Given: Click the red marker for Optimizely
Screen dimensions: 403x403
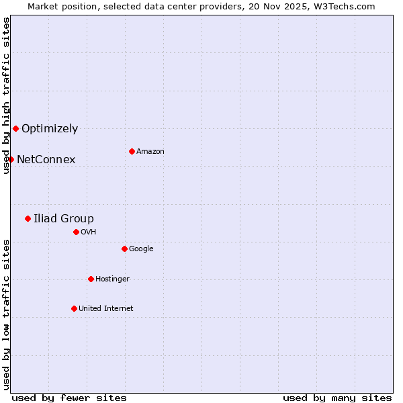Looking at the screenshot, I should click(15, 128).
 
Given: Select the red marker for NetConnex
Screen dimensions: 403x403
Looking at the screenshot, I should click(11, 159).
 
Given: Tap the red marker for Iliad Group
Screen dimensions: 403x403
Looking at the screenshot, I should click(28, 218).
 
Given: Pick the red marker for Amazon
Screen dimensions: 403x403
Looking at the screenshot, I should click(132, 151).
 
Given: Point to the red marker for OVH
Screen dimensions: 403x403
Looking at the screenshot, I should click(76, 232).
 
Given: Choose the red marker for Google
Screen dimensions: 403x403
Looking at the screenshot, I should click(124, 249).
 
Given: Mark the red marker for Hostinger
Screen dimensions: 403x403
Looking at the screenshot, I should click(91, 279).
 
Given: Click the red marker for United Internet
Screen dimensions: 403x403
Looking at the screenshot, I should click(74, 308).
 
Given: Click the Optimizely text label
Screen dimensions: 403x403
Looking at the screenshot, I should click(50, 129).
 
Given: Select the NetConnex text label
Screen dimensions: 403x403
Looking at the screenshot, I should click(46, 160).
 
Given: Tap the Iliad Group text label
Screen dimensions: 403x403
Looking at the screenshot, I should click(64, 219).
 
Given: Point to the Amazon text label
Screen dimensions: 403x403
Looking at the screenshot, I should click(150, 152).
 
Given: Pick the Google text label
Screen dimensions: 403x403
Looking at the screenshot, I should click(141, 249).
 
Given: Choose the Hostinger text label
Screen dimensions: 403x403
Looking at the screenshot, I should click(112, 279).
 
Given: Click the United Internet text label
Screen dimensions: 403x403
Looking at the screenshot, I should click(106, 309).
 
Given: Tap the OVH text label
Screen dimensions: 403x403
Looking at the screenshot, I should click(89, 232).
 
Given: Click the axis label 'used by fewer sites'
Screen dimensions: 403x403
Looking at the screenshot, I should click(69, 398).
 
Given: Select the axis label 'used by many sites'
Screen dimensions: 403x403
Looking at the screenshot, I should click(337, 398).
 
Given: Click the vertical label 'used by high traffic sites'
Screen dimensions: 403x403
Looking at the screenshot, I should click(6, 95).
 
